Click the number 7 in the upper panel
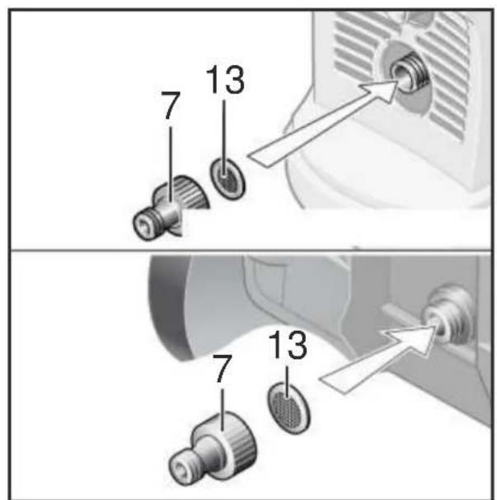171,106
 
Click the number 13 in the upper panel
226,80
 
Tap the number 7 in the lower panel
222,369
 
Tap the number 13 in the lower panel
288,346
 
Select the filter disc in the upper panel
227,178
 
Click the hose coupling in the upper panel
171,207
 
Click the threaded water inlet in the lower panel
448,316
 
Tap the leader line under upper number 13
223,138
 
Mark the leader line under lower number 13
288,382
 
